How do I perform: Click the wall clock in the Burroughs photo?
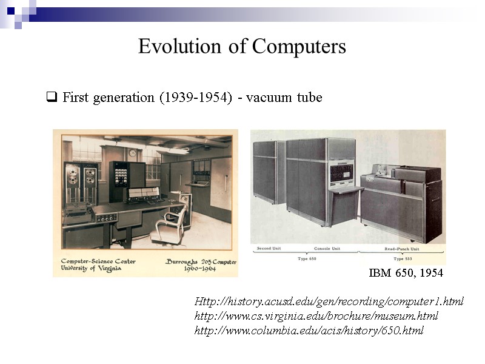132,153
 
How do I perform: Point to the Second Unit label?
269,249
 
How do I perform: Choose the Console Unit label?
327,249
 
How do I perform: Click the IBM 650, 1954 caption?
406,274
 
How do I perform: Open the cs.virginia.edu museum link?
316,316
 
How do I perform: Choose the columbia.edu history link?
309,331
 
